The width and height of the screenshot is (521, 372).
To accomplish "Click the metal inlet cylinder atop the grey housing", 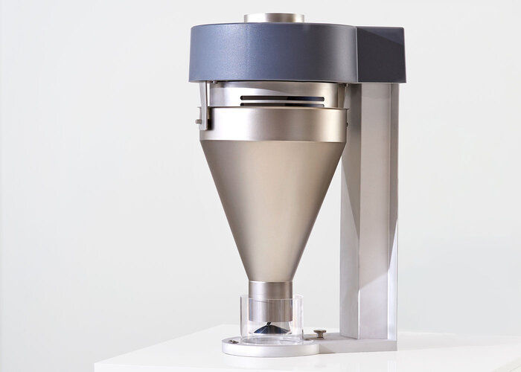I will [273, 17].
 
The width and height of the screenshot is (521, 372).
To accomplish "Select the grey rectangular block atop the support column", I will [380, 56].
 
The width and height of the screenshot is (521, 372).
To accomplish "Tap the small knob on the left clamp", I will [198, 120].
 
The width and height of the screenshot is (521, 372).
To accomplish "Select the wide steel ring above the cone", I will [273, 124].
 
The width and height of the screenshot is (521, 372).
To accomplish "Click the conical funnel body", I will [272, 201].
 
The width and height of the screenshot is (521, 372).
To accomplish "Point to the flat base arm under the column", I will [357, 342].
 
